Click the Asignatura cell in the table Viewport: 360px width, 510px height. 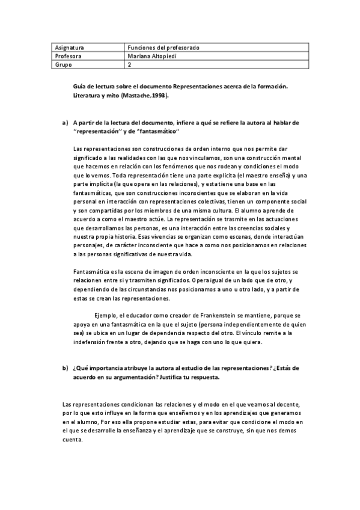(x=69, y=47)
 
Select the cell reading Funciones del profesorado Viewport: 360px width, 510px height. (x=163, y=47)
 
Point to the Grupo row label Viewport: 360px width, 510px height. (x=63, y=64)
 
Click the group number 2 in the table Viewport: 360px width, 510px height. (x=130, y=64)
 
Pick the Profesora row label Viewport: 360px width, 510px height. (x=67, y=56)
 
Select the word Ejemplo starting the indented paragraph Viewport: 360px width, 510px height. (x=107, y=315)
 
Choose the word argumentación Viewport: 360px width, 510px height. (x=129, y=377)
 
